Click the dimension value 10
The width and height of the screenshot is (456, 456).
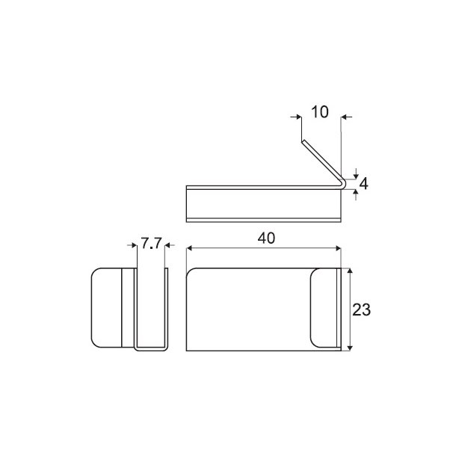(319, 113)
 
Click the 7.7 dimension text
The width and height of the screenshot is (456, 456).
(152, 244)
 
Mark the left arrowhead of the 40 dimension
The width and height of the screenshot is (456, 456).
(190, 247)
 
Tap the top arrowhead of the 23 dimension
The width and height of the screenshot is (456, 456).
(351, 271)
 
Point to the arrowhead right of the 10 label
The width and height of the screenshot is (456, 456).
(345, 116)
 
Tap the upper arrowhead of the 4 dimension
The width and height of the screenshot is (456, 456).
(356, 173)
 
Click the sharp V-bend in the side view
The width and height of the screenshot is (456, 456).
(342, 182)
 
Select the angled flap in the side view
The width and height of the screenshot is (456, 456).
(320, 160)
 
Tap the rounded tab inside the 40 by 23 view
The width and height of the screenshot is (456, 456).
(323, 309)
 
